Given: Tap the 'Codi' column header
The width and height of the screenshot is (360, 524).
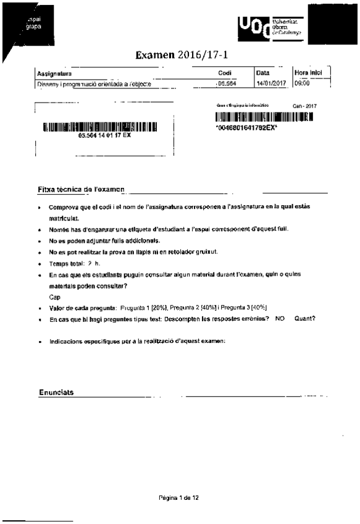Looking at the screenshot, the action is (x=225, y=74).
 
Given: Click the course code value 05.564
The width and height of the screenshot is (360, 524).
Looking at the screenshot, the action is (x=226, y=83).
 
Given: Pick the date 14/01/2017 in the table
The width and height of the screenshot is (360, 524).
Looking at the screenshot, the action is (x=270, y=83).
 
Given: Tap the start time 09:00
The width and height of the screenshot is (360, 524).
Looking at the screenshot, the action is (x=301, y=83).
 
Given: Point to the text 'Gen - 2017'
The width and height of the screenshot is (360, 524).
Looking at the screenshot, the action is (x=304, y=106).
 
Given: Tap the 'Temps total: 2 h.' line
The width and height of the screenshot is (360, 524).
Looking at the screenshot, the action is (x=73, y=264).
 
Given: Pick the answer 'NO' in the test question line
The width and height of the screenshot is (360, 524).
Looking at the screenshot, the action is (x=279, y=319).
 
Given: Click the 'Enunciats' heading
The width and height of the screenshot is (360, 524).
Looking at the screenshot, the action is (x=56, y=392).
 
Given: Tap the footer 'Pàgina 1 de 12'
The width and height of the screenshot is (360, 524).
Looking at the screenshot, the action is (x=178, y=497).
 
